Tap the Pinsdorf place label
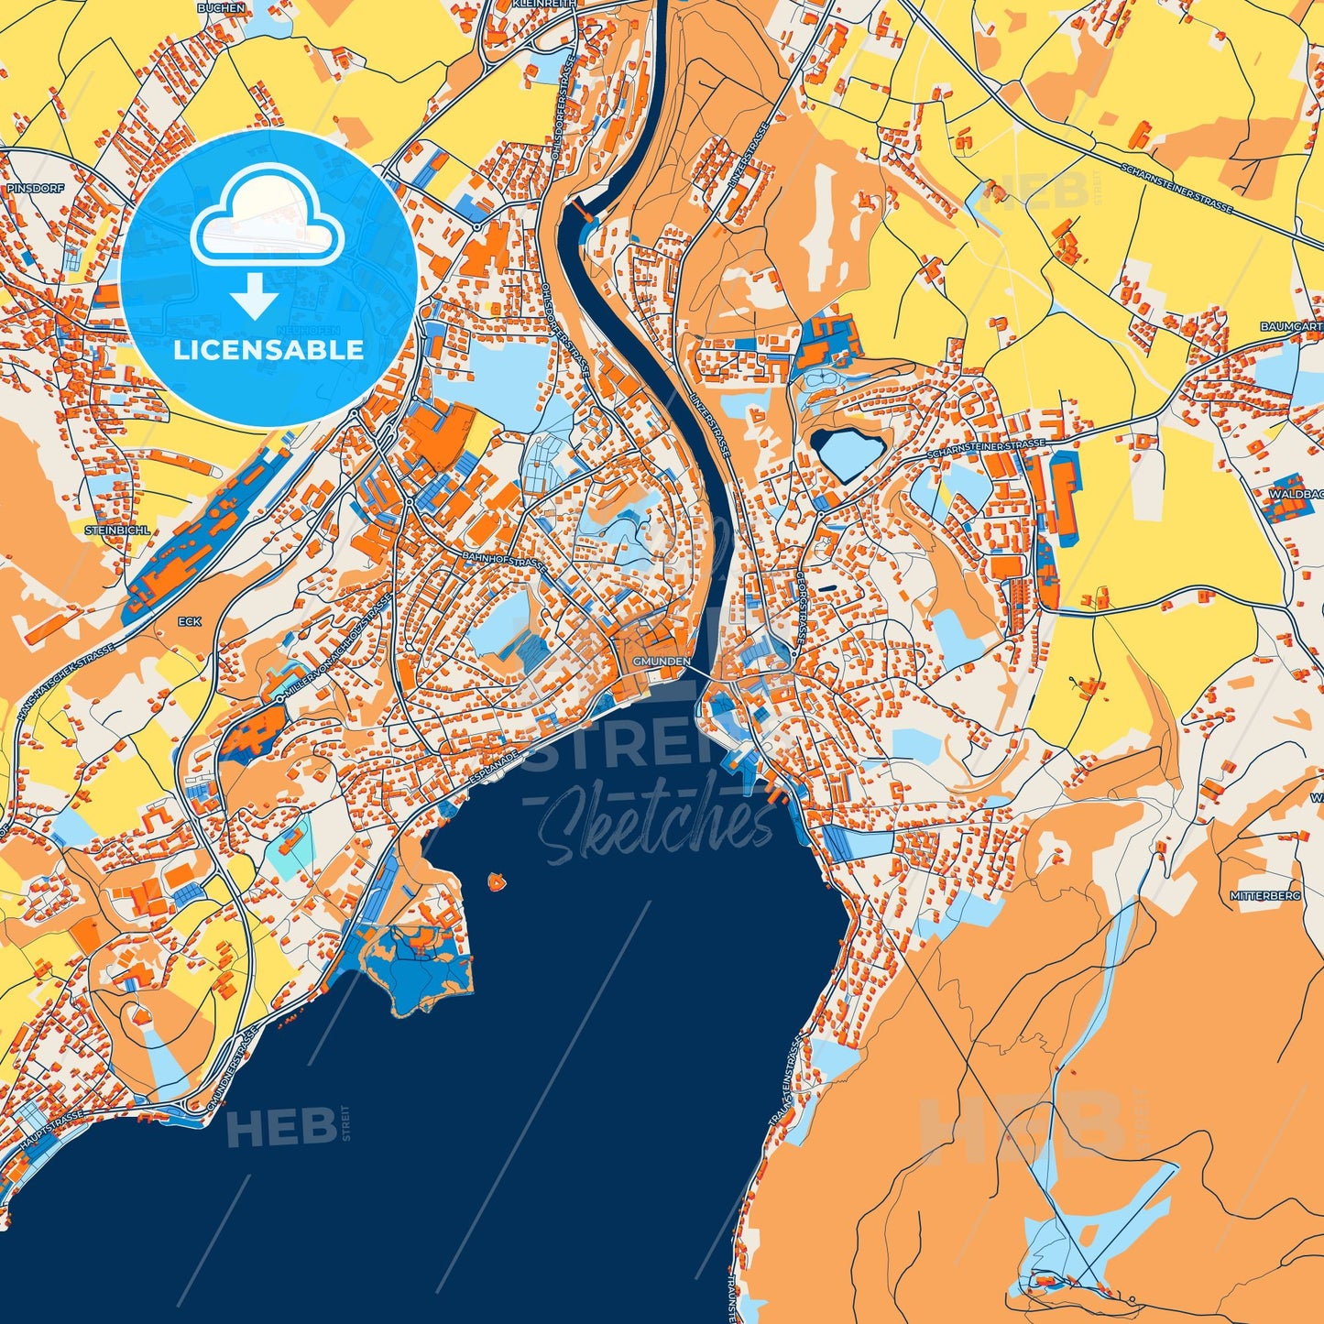(25, 188)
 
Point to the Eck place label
(189, 621)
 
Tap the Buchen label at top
(221, 7)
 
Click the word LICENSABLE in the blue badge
(268, 350)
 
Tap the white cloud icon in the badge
(267, 217)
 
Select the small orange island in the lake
(497, 882)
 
